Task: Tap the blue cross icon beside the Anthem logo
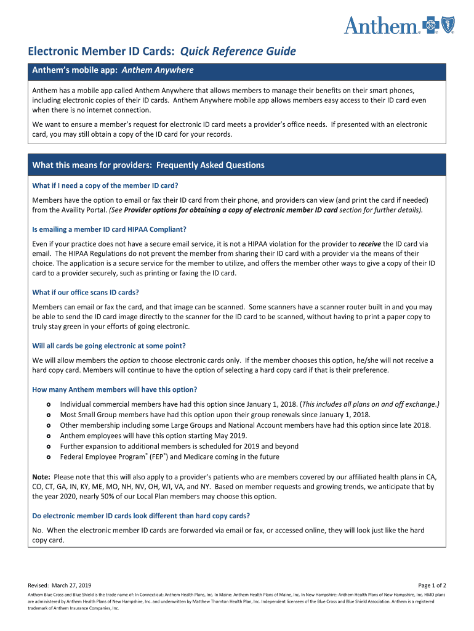tap(432, 25)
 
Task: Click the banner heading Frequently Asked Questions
tap(211, 165)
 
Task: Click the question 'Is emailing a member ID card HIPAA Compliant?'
tap(109, 229)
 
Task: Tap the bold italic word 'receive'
tap(369, 244)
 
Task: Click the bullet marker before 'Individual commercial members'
tap(48, 404)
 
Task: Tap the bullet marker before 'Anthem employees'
tap(48, 436)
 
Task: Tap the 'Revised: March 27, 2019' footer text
tap(60, 585)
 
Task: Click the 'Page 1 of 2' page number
tap(432, 585)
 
